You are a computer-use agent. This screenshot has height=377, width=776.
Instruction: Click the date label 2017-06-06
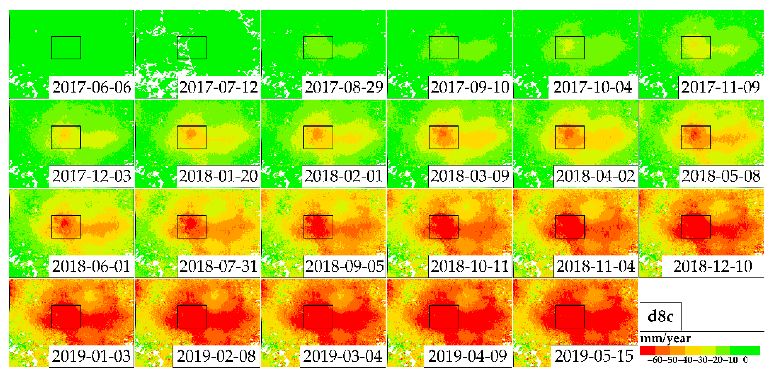(x=92, y=87)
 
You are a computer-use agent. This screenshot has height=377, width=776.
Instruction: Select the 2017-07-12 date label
(x=218, y=87)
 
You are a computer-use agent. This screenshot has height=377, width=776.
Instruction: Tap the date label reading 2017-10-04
(x=592, y=87)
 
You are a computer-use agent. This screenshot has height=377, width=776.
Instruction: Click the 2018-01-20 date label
(x=218, y=176)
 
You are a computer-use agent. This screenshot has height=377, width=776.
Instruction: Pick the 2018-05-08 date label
(x=721, y=176)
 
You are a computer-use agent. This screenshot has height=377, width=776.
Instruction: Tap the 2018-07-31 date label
(x=218, y=266)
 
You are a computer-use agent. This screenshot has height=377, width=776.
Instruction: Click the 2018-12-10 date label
(x=712, y=266)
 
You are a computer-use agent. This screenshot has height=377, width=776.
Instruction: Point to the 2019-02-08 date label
(x=216, y=356)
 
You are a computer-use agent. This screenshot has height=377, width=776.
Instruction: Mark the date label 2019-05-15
(x=594, y=356)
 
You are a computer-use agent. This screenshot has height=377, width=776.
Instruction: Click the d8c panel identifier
(x=660, y=316)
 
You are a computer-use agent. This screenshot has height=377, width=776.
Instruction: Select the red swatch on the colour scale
(x=647, y=350)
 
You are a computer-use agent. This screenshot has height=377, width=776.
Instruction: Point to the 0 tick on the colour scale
(x=745, y=360)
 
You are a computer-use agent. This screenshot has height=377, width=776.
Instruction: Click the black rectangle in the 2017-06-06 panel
(x=66, y=48)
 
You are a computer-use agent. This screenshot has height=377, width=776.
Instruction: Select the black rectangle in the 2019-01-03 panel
(x=66, y=316)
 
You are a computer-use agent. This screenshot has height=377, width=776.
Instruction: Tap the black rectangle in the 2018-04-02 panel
(x=569, y=137)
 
